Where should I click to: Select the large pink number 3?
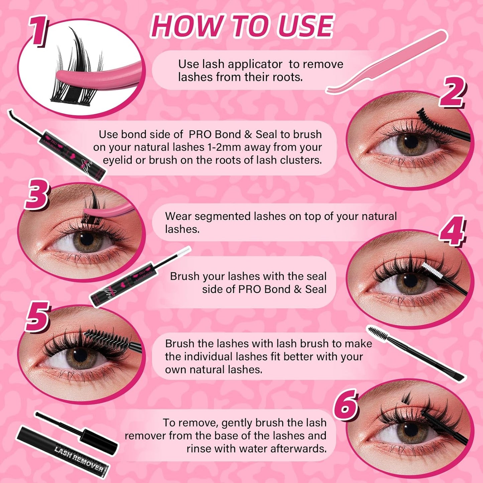tap(37, 195)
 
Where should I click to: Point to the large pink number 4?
tap(452, 231)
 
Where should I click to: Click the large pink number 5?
tap(37, 316)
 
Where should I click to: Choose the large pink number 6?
tap(346, 404)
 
